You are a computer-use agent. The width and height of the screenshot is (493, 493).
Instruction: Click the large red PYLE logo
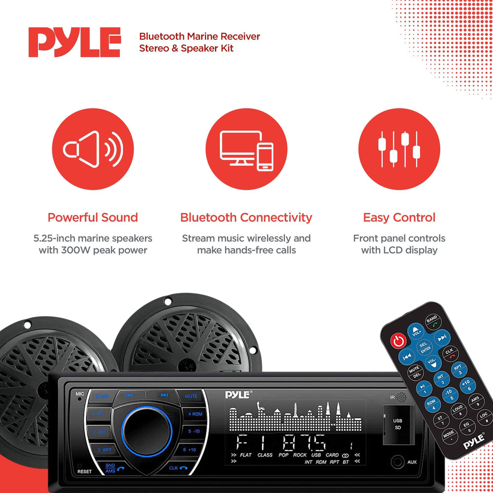pos(74,42)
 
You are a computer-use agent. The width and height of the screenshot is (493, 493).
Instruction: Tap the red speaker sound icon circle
pos(93,149)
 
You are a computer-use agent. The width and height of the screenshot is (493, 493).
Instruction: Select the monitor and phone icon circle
pos(246,149)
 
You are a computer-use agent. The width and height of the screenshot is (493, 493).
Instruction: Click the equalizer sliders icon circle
pos(399,149)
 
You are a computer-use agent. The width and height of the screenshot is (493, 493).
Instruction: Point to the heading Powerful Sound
pos(93,218)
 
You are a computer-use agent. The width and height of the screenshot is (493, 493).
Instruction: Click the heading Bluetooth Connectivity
pos(246,218)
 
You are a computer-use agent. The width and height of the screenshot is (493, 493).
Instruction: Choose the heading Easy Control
pos(399,218)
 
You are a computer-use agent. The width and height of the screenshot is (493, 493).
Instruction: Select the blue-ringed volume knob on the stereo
pos(146,431)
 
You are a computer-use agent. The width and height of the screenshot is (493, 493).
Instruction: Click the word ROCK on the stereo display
pos(300,455)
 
